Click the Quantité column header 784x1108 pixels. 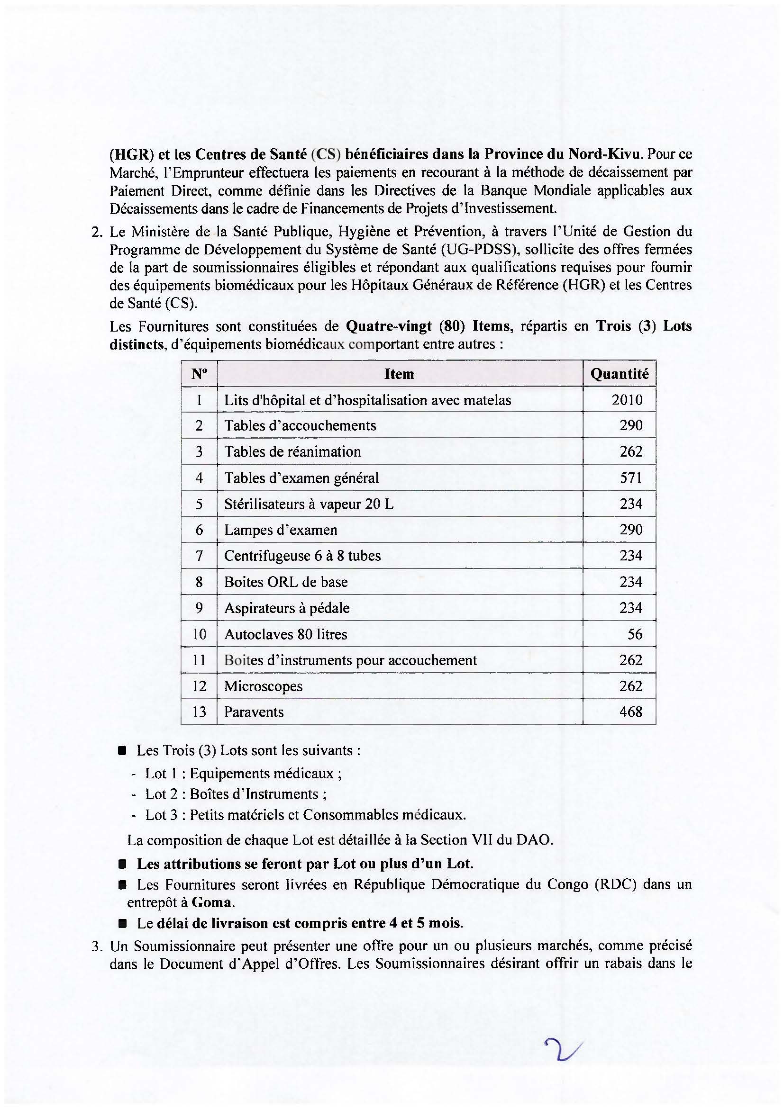(x=620, y=374)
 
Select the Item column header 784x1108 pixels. (x=399, y=374)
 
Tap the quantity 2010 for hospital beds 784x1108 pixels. (x=627, y=400)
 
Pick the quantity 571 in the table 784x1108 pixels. (x=631, y=478)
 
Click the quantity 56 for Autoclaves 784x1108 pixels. (x=635, y=634)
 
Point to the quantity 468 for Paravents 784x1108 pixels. (x=631, y=712)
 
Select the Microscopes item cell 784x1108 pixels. (x=263, y=686)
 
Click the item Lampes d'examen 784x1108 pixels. (x=281, y=530)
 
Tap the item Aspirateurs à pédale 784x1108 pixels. (x=287, y=608)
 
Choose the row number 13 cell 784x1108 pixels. (x=199, y=712)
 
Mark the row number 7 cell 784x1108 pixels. (x=199, y=556)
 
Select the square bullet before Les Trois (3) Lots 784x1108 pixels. (x=123, y=751)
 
